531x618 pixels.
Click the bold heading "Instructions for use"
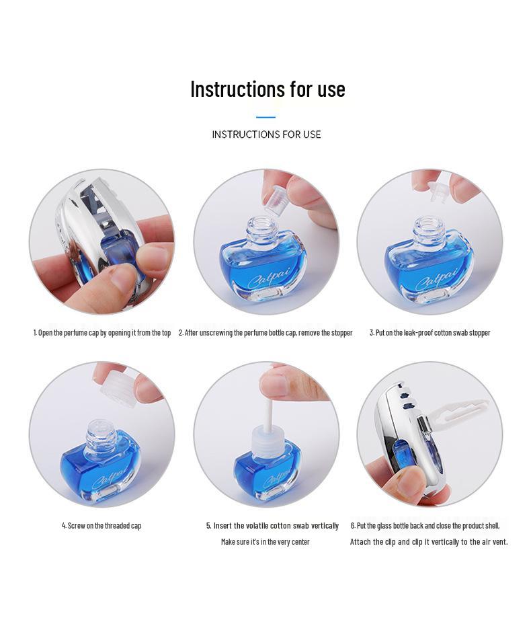coord(268,89)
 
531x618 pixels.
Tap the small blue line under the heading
coord(266,117)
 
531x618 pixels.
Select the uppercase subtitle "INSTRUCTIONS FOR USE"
coord(266,134)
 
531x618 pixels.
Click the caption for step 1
coord(102,333)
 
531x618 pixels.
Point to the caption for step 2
coord(265,333)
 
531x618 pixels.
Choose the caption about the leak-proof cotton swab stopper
coord(430,333)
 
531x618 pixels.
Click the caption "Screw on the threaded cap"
coord(101,526)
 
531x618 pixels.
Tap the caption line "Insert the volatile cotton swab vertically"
coord(272,526)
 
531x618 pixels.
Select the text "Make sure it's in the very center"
coord(265,542)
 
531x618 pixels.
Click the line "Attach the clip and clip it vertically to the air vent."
coord(429,542)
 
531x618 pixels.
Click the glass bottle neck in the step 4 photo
coord(101,434)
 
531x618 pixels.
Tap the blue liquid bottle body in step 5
coord(266,471)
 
